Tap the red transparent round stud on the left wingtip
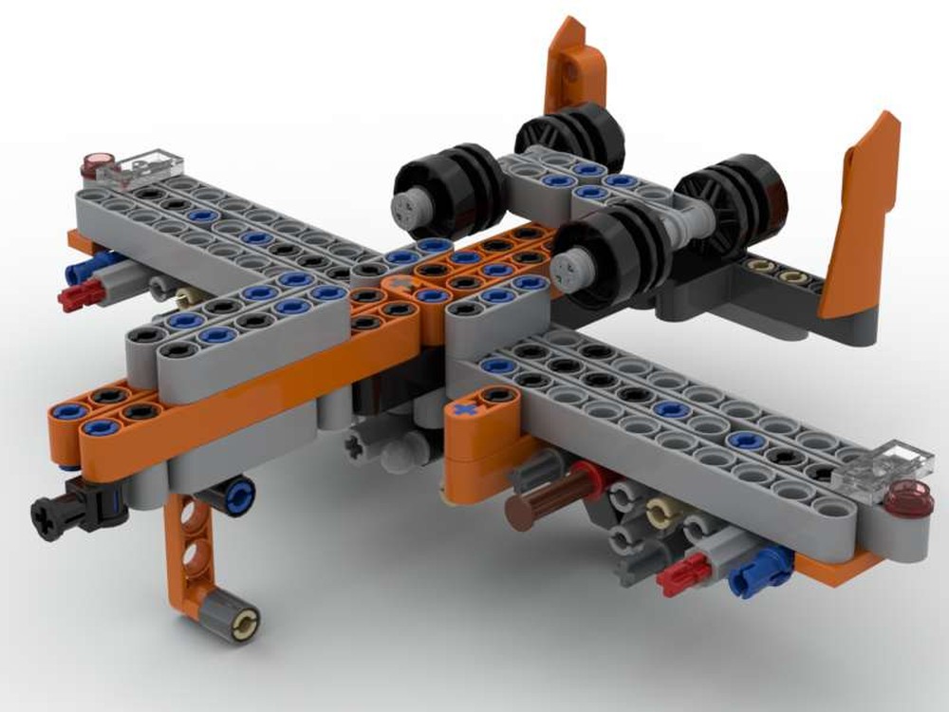(96, 164)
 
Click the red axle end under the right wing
(684, 574)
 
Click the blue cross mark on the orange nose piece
(464, 410)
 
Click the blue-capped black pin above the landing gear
(236, 493)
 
